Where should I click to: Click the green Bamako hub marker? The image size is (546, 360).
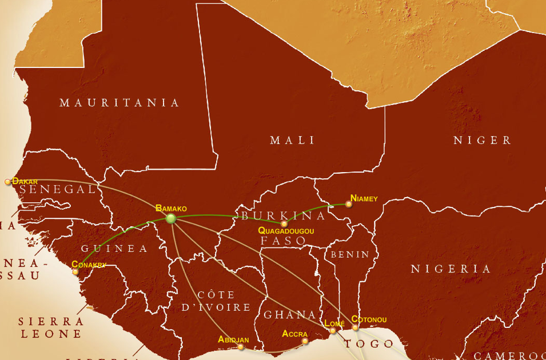[170, 218]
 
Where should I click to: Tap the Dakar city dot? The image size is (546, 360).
[7, 182]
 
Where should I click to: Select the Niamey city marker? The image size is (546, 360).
[348, 204]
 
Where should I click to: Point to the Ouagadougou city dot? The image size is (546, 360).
[284, 223]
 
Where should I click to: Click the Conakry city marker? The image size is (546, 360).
[75, 271]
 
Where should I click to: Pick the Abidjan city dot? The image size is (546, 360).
[241, 347]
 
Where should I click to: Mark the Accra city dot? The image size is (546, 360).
[305, 341]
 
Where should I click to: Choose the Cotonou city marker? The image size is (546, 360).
[355, 327]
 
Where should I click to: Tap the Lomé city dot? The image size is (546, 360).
[333, 330]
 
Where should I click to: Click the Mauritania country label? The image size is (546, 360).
[119, 103]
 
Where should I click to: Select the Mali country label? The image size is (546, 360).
[292, 140]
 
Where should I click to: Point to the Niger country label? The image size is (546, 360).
[482, 140]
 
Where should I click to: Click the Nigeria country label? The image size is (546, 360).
[451, 269]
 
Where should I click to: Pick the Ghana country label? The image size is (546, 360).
[289, 315]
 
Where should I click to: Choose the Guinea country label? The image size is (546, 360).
[114, 249]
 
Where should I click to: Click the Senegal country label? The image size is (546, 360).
[57, 189]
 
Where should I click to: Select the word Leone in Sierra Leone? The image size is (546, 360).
[51, 334]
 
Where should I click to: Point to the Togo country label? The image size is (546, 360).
[369, 343]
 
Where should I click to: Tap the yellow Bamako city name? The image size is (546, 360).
[171, 209]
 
